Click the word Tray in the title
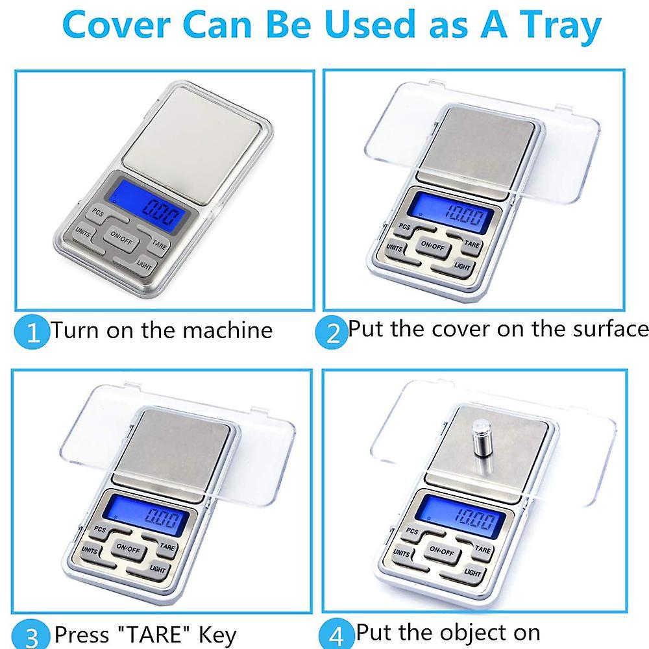[x=560, y=26]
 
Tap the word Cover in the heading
[x=117, y=25]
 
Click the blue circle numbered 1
[x=32, y=331]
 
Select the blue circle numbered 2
[x=332, y=332]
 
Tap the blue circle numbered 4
[x=336, y=634]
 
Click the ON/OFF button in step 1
[x=121, y=238]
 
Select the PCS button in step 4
[x=412, y=531]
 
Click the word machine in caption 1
[x=227, y=330]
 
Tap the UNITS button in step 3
[x=90, y=551]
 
